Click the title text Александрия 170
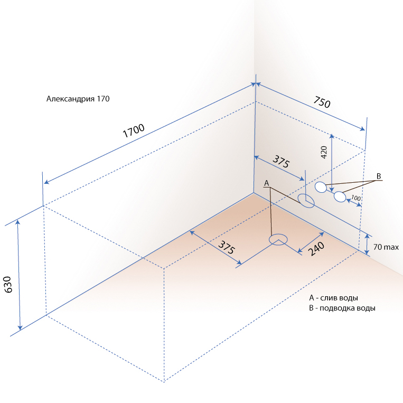[x=78, y=99]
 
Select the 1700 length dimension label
[x=134, y=131]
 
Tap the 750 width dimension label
[x=322, y=102]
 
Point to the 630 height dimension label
[x=8, y=285]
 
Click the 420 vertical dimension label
[x=324, y=152]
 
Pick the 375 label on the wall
[x=281, y=162]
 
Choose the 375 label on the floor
[x=227, y=247]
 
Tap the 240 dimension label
[x=316, y=249]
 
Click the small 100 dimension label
[x=356, y=198]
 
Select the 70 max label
[x=386, y=247]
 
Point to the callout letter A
[x=267, y=183]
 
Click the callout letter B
[x=379, y=176]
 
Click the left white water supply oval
[x=321, y=187]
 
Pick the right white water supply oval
[x=340, y=197]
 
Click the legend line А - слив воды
[x=333, y=298]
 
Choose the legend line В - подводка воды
[x=342, y=308]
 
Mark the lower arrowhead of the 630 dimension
[x=20, y=327]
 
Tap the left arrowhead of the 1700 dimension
[x=46, y=182]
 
